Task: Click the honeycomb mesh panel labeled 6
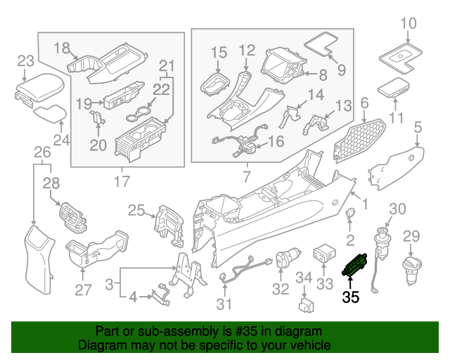tap(360, 139)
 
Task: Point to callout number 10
tap(409, 26)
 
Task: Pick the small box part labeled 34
tap(306, 303)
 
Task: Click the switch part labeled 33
tap(323, 253)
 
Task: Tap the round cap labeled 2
tap(349, 216)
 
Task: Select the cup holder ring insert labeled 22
tap(143, 112)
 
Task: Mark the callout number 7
tap(245, 173)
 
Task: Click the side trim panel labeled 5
tap(397, 166)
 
